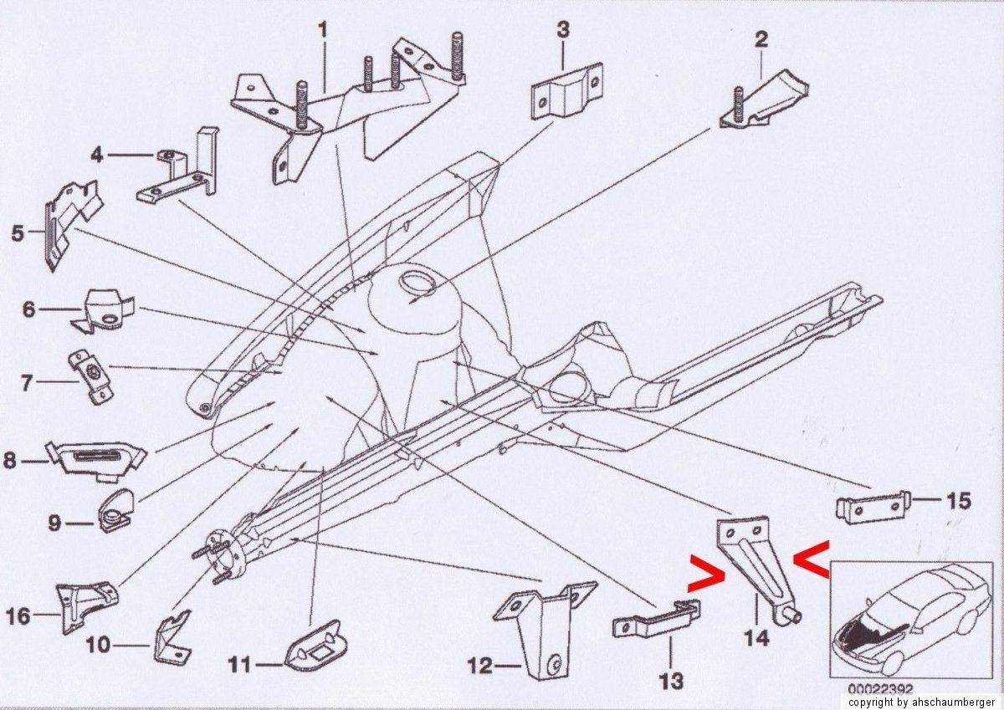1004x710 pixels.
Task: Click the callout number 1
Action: [323, 31]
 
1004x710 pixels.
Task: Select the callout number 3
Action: [563, 30]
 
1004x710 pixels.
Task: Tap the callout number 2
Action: [761, 39]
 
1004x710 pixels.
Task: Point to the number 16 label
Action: [18, 616]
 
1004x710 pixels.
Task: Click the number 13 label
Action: [672, 682]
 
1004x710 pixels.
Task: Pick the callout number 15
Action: [958, 500]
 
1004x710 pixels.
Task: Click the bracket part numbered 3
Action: [566, 92]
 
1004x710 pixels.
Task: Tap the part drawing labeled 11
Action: [317, 645]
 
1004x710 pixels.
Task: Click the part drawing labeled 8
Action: [96, 462]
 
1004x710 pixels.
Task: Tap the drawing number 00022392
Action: [880, 688]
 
